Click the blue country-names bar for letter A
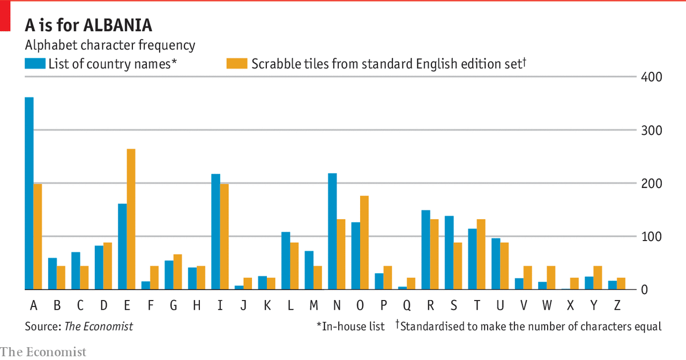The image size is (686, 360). coord(29,193)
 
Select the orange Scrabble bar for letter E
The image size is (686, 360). coord(131,219)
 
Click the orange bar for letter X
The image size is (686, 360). coord(574,284)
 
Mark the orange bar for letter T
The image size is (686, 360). coord(481,254)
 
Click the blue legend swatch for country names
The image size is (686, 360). coord(35,64)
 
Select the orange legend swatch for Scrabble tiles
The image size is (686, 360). coord(237,64)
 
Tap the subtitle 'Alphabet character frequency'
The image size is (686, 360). coord(110,46)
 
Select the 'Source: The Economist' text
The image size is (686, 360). coord(79,326)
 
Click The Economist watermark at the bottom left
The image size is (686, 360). coord(43,352)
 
